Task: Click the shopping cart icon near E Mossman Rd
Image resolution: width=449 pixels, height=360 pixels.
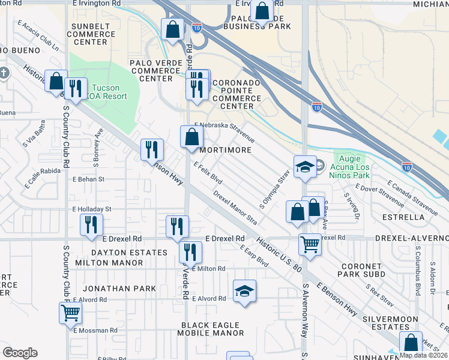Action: (70, 312)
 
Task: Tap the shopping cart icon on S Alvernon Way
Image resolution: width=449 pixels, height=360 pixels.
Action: (310, 243)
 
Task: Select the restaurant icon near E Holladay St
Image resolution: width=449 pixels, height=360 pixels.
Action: (91, 224)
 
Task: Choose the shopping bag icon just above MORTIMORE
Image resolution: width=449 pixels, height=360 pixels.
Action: (191, 136)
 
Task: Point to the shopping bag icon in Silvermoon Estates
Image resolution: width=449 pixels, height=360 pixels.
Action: (412, 343)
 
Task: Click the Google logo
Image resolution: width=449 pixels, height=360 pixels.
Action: (20, 353)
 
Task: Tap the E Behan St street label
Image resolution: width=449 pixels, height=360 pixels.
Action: (88, 179)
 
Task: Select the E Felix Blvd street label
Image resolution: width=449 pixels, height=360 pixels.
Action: (208, 173)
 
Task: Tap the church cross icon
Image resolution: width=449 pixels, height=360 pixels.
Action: (4, 73)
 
